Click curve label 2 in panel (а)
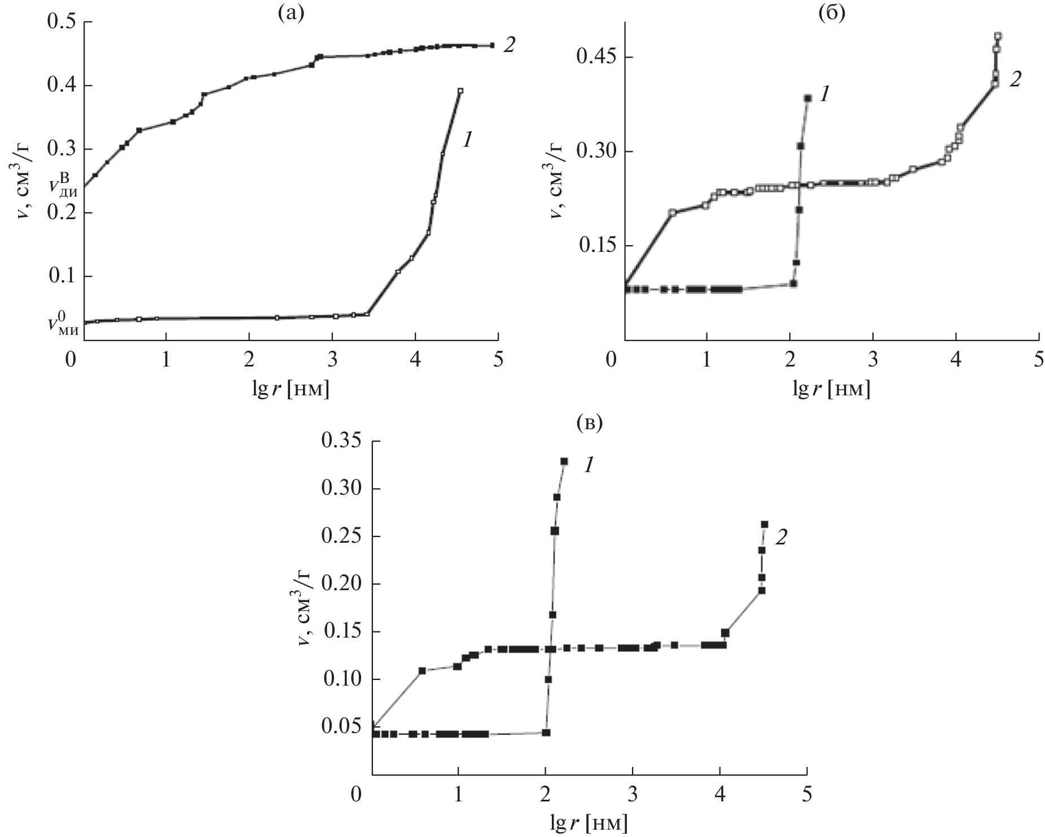coord(508,45)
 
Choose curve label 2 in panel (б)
coord(1014,79)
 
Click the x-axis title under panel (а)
coord(291,389)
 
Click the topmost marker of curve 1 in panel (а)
coord(460,91)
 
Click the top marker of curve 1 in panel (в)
coord(564,461)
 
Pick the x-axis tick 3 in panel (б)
coord(873,360)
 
